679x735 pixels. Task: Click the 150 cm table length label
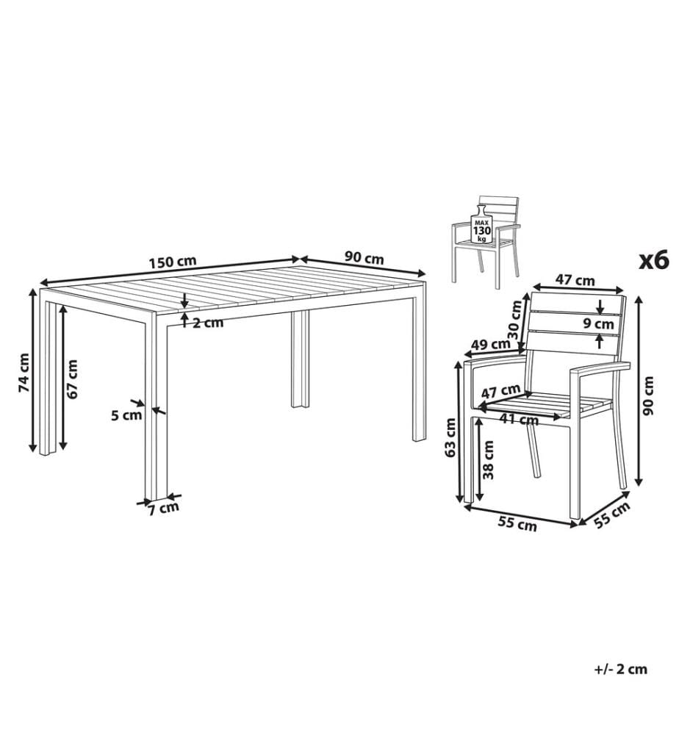click(173, 262)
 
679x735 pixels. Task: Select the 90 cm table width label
click(364, 258)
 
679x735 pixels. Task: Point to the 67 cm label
click(72, 379)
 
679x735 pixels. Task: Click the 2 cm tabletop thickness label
click(207, 323)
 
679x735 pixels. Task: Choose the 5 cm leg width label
click(126, 415)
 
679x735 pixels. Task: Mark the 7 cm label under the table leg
click(164, 509)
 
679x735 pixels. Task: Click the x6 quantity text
click(654, 260)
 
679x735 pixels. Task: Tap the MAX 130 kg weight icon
click(481, 225)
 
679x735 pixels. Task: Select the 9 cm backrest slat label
click(598, 323)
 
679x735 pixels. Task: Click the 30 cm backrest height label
click(514, 320)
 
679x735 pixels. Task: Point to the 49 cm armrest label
click(491, 345)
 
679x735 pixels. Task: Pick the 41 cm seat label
click(518, 419)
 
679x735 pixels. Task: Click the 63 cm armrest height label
click(450, 437)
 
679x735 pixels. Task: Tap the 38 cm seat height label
click(488, 460)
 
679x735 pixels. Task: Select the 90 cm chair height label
click(649, 396)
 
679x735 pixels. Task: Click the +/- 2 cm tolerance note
click(621, 670)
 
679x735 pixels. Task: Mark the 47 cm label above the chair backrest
click(575, 280)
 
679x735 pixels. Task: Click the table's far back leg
click(300, 359)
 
